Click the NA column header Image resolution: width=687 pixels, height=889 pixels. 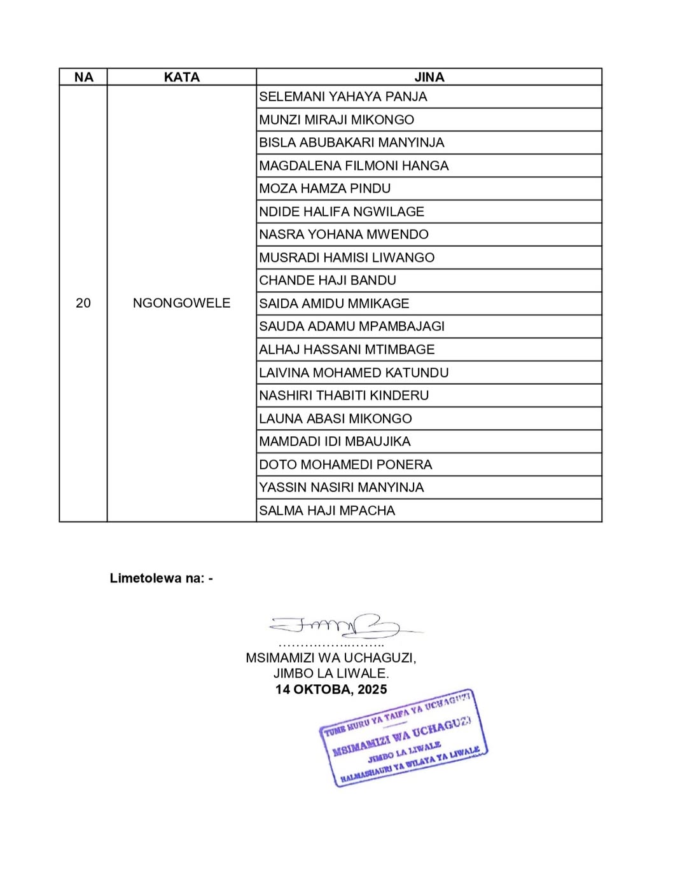click(x=83, y=77)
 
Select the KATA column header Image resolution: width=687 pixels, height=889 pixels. click(x=181, y=77)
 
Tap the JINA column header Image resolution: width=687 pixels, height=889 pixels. click(x=429, y=77)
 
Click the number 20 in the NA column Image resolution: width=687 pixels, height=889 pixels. click(x=83, y=303)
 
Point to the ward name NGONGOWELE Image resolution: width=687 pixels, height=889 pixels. click(x=181, y=303)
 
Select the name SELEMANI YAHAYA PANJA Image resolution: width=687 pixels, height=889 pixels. click(x=343, y=97)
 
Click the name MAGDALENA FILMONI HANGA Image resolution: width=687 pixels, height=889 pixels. click(x=354, y=166)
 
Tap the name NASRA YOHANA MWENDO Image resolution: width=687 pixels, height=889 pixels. click(x=343, y=235)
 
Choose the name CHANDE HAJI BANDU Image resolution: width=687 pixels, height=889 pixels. click(x=328, y=280)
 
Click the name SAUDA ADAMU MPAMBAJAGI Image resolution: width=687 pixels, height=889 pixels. click(x=352, y=326)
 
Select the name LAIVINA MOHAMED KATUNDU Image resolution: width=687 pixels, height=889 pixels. click(x=354, y=373)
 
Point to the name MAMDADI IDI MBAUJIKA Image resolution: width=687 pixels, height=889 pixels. click(x=335, y=441)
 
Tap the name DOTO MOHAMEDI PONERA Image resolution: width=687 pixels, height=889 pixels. click(x=345, y=464)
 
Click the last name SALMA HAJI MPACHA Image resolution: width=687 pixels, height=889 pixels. click(x=327, y=511)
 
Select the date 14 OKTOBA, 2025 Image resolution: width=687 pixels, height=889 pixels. click(x=331, y=689)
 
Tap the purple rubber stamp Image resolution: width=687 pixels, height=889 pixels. click(x=403, y=738)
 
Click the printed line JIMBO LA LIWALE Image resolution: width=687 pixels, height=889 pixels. click(x=331, y=673)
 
